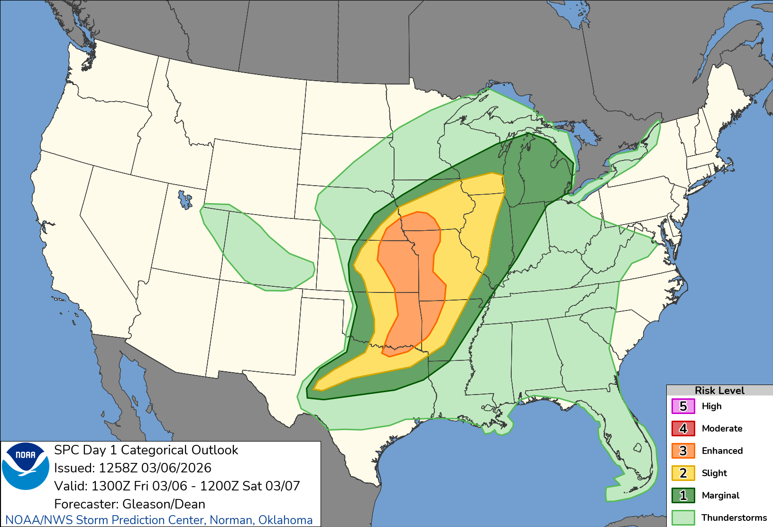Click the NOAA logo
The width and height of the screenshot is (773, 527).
coord(26,466)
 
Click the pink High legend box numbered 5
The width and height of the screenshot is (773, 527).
coord(683,406)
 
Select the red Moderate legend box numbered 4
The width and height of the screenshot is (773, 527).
coord(683,429)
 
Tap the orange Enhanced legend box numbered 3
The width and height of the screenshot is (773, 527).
coord(683,451)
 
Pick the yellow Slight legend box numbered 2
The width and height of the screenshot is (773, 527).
coord(683,473)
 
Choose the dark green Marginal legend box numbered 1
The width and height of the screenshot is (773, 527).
coord(683,496)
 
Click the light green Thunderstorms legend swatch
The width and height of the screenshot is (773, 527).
coord(683,518)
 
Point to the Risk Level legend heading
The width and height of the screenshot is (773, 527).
coord(719,390)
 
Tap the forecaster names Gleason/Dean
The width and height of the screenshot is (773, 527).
coord(164,504)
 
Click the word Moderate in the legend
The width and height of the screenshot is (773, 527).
coord(722,429)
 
